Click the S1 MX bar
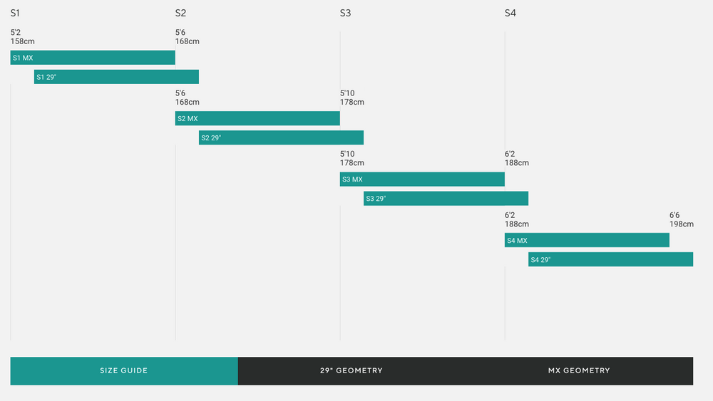93,58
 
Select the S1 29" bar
116,77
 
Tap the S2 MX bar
257,118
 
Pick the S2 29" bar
281,137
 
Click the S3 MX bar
422,179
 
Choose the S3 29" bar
446,199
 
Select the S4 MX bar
587,241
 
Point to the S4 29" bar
610,260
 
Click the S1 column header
15,14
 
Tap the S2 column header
180,14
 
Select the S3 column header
345,14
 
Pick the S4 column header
510,14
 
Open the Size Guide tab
124,371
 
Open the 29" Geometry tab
352,371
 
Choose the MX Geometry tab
579,371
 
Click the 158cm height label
22,41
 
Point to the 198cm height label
681,224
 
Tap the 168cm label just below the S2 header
187,41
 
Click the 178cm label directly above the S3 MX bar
352,163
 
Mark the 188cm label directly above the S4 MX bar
516,224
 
